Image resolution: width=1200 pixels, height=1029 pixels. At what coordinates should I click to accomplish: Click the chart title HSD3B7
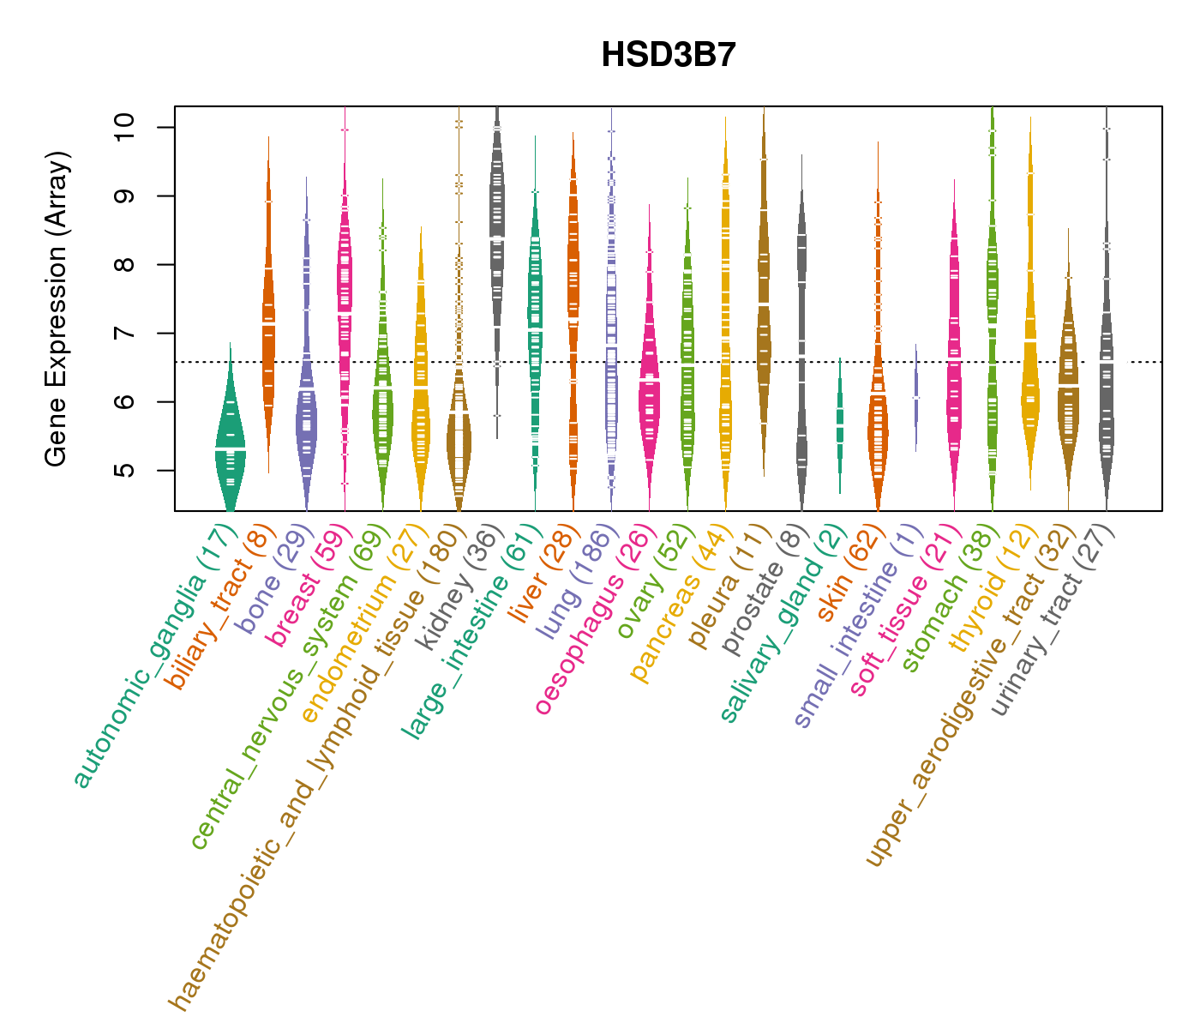click(669, 55)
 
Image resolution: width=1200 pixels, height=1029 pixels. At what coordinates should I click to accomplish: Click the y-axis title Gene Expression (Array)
click(57, 309)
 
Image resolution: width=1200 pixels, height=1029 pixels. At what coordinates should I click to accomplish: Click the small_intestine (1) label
click(858, 626)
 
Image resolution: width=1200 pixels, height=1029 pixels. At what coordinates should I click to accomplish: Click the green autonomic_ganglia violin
click(230, 437)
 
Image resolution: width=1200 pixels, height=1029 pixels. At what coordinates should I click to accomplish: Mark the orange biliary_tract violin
click(268, 326)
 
